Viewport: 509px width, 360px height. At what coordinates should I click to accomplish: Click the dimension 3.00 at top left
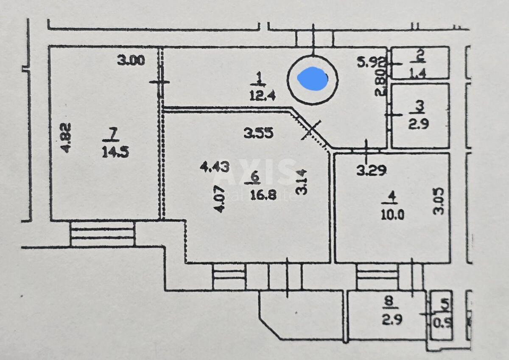pos(131,61)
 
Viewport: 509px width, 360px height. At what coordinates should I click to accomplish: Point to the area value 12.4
pos(263,95)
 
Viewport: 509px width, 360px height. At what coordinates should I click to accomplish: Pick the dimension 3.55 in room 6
pos(258,134)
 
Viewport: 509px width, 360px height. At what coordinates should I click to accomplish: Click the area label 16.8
pos(263,196)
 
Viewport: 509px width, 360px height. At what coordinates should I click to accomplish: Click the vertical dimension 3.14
pos(302,181)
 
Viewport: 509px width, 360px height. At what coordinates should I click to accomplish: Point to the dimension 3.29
pos(371,170)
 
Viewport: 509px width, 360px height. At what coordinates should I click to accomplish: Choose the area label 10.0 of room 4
pos(392,215)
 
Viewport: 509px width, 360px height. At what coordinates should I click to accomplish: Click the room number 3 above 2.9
pos(420,105)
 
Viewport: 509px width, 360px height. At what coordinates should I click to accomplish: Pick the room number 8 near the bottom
pos(389,301)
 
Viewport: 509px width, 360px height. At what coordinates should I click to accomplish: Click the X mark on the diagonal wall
pos(311,130)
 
